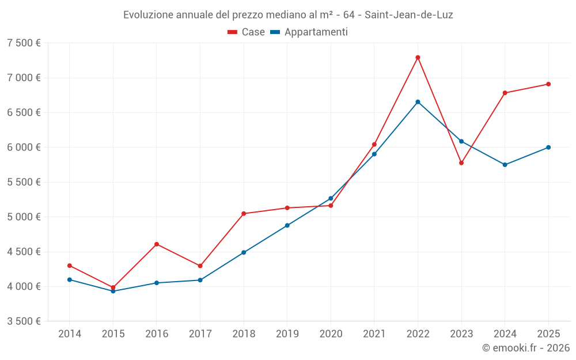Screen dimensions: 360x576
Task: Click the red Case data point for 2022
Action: (x=418, y=58)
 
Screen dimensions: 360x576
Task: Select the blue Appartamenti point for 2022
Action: (x=418, y=102)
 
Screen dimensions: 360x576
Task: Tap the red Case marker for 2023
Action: (x=461, y=163)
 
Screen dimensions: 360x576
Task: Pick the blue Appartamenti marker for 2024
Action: (x=505, y=165)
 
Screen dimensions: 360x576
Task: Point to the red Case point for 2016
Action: (x=157, y=244)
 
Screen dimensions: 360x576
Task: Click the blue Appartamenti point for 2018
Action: (x=244, y=252)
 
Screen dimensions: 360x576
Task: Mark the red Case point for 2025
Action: (x=548, y=84)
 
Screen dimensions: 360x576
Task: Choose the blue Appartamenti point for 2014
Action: (x=70, y=279)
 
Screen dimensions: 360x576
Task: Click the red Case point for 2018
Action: (x=244, y=214)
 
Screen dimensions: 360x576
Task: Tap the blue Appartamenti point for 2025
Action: (x=548, y=147)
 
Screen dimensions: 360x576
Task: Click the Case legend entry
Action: (x=247, y=32)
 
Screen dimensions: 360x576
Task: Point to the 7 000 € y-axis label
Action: (x=24, y=78)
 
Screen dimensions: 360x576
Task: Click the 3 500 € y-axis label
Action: (x=24, y=321)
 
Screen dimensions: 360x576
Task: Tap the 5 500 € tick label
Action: (x=24, y=182)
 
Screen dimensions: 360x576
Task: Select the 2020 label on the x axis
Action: (x=331, y=334)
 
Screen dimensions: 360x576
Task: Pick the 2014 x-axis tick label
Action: (x=70, y=334)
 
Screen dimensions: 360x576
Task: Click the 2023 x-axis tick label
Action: (x=461, y=334)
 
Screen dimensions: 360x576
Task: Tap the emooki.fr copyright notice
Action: (x=526, y=348)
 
